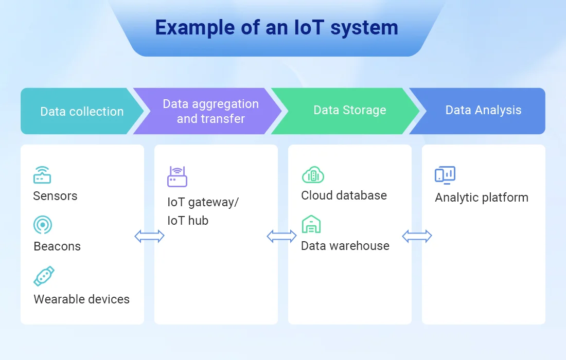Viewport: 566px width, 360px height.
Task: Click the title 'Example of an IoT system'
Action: pos(276,28)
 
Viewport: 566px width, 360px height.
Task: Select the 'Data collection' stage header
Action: pos(82,112)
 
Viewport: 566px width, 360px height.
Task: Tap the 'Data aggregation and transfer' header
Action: pos(211,111)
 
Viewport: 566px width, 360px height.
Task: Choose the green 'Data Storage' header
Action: pos(349,110)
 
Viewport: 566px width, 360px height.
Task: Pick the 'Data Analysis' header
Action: pos(483,110)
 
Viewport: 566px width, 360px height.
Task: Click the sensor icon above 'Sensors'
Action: pos(42,174)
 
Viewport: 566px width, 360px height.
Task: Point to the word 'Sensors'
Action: pos(55,196)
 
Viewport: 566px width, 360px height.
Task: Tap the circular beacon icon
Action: pos(43,225)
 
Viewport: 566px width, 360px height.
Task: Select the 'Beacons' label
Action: pos(57,246)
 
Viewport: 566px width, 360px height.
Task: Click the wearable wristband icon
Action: pos(44,276)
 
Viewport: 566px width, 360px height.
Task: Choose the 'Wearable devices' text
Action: pos(82,299)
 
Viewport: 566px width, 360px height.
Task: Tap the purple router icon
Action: pos(177,176)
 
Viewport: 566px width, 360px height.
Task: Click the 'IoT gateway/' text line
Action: pos(203,202)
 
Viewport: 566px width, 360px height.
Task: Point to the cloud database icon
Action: pos(313,174)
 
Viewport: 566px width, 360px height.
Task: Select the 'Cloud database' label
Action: pos(344,195)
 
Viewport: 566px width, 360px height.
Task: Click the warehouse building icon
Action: pos(311,224)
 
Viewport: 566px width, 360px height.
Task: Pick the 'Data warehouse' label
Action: pos(345,246)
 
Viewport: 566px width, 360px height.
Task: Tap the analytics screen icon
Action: pos(445,175)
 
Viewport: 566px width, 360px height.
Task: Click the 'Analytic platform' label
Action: pos(482,197)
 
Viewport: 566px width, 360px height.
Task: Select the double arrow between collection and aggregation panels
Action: pos(149,236)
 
